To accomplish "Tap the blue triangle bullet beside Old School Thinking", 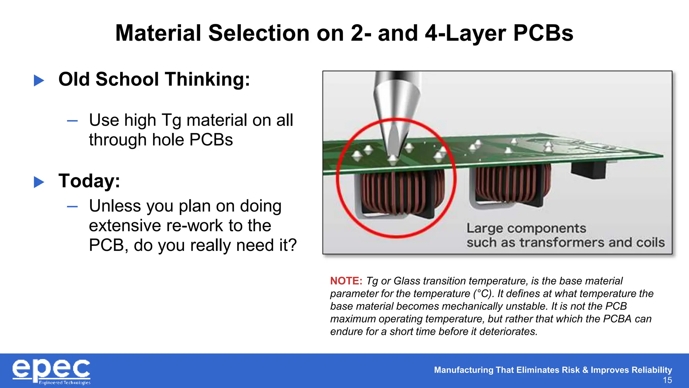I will coord(39,80).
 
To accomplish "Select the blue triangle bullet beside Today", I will coord(39,182).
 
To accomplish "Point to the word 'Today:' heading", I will coord(89,181).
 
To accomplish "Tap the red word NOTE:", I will coord(346,281).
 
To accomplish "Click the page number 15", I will coord(667,380).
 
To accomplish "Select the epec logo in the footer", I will coord(51,371).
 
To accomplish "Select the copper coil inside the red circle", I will coord(400,194).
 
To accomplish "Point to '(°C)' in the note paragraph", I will coord(483,294).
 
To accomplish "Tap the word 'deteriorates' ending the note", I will coord(508,332).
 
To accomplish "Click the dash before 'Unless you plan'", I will coord(72,206).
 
